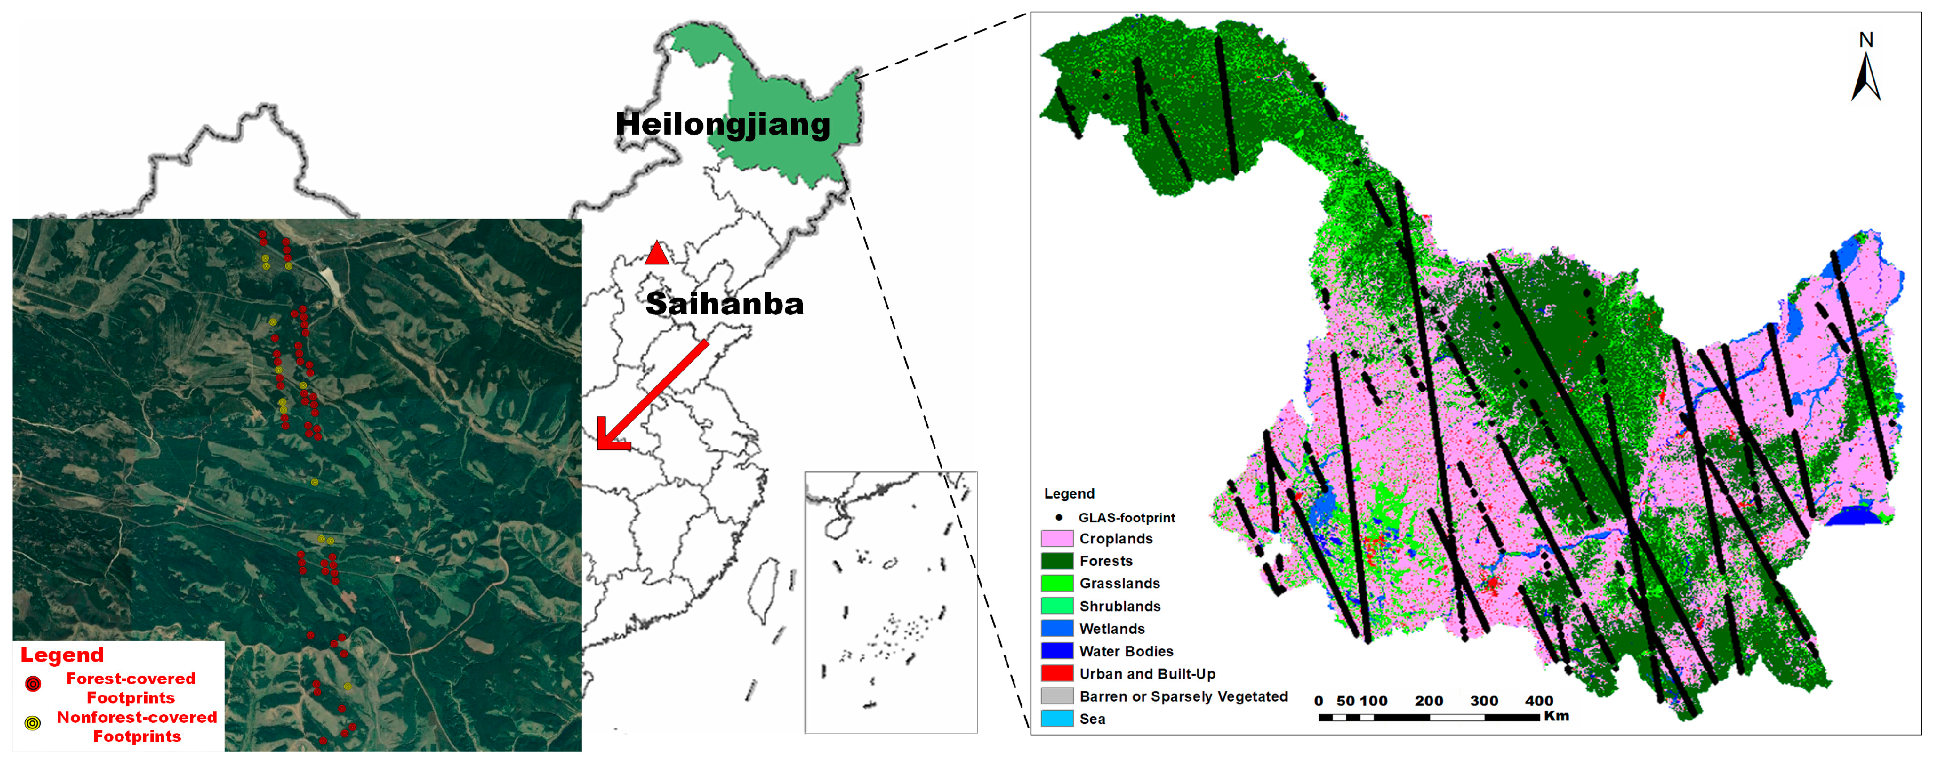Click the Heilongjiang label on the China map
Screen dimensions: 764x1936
coord(723,124)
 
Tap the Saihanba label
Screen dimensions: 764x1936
coord(724,304)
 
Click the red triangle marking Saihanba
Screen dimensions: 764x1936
coord(657,254)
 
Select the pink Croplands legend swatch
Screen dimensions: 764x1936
coord(1056,538)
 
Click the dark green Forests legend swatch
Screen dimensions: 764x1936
coord(1056,561)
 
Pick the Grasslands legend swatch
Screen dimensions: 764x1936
coord(1056,583)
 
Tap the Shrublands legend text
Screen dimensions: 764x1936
coord(1119,606)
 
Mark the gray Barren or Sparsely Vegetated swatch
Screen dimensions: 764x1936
coord(1056,696)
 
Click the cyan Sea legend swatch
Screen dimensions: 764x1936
coord(1056,718)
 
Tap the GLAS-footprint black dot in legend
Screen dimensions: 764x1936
coord(1059,517)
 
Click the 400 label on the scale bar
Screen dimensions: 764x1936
coord(1539,701)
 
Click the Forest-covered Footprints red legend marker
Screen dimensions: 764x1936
coord(33,684)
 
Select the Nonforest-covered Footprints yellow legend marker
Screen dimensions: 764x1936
coord(32,723)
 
